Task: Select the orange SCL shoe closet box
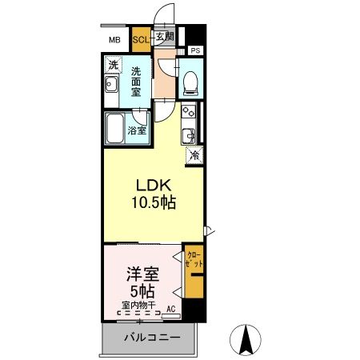coord(141,38)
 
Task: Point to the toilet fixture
coord(190,80)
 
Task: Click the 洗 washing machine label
coord(113,65)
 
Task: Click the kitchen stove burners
coord(189,112)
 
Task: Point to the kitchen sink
coord(189,134)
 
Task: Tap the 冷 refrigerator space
coord(194,156)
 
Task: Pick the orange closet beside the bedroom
coord(193,276)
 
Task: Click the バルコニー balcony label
coord(150,338)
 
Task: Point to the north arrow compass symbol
coord(248,341)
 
